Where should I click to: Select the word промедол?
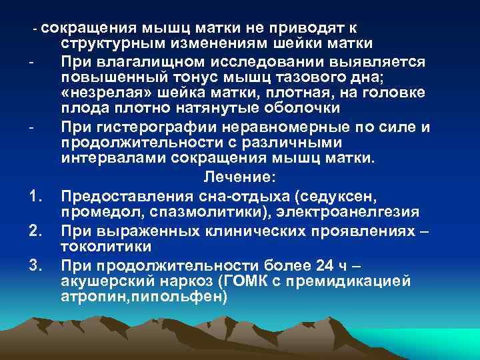point(97,212)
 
